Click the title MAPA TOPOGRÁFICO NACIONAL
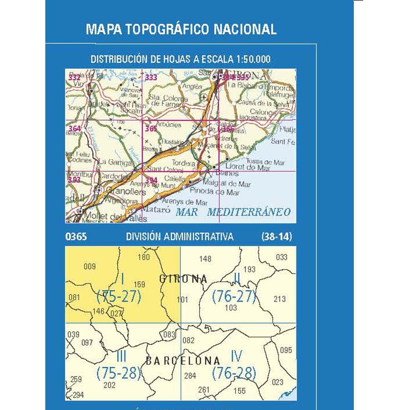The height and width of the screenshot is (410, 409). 181,29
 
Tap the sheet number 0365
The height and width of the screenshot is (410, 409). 76,237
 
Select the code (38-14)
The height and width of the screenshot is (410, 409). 276,237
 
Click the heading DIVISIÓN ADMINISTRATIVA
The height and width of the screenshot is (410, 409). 180,237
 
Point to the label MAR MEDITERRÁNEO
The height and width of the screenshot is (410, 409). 233,212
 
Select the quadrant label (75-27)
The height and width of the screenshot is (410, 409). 119,297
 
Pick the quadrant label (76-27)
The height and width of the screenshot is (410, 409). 234,297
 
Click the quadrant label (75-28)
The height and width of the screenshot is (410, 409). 119,374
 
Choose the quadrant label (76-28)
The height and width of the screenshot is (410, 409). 234,374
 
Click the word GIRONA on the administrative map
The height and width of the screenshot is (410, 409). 183,279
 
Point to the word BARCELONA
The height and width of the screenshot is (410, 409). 183,361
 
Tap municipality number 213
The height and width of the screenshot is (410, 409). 280,299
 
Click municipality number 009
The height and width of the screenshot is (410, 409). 90,267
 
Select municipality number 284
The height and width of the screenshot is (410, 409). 190,376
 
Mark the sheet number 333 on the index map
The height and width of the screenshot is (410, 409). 151,78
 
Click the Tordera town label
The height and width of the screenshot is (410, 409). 184,163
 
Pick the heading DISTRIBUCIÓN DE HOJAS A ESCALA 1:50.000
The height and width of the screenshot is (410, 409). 180,59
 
